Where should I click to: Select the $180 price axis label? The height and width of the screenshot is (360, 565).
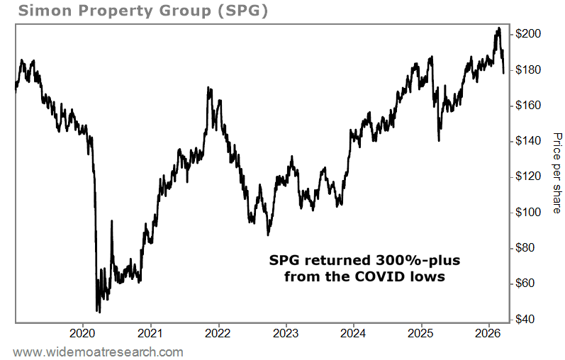pos(530,70)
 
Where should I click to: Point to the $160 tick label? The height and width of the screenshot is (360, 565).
pos(530,106)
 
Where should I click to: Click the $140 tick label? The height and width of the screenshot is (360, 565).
pos(530,141)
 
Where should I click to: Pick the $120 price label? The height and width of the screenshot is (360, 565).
pos(530,176)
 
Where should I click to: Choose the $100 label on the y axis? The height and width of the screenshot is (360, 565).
pos(530,213)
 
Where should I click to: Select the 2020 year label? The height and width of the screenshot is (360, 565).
pos(83,333)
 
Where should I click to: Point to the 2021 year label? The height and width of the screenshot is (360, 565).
pos(150,333)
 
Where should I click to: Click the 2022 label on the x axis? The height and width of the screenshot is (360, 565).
pos(218,333)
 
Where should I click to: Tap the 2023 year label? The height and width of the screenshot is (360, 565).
pos(286,333)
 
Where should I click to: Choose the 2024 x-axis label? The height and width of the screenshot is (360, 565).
pos(353,333)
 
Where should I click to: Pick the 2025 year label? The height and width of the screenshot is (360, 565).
pos(421,333)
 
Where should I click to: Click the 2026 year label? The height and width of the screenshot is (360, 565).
pos(488,333)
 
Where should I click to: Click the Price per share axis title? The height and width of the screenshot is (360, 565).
pos(556,174)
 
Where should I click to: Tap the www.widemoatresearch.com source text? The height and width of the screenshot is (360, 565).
pos(99,351)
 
